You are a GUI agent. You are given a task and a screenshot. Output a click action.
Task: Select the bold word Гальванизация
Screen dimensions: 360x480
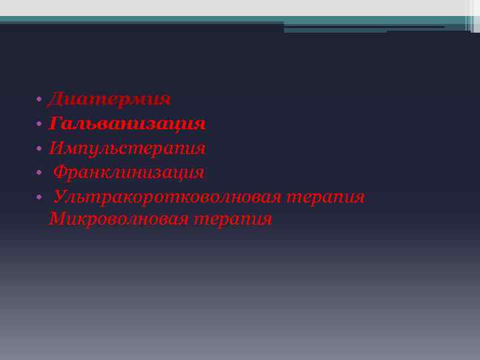coord(127,124)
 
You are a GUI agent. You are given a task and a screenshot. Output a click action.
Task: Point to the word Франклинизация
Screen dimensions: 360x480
coord(129,173)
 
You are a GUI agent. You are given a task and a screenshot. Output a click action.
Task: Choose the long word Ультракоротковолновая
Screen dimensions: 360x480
coord(169,197)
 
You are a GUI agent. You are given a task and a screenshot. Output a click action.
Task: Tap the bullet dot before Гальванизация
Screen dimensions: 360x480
coord(40,125)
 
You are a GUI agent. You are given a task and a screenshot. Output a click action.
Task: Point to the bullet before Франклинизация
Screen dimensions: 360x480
coord(40,173)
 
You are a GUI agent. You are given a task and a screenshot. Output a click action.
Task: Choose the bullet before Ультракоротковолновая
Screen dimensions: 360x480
coord(40,197)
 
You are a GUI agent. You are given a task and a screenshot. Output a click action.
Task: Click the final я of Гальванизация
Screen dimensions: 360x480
coord(199,125)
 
